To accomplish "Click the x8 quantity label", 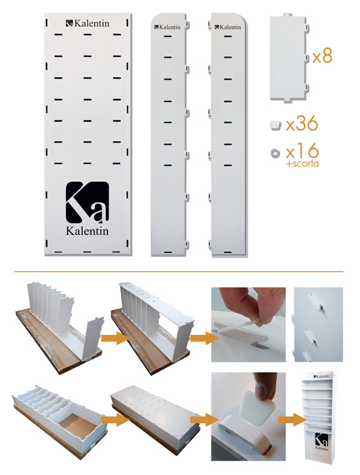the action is coord(322,55).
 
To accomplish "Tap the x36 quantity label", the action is coord(302,124).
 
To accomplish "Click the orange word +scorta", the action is coord(302,164).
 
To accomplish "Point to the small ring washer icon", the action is coord(276,153).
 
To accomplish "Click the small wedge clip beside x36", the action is coord(275,125).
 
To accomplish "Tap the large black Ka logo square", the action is coord(87,202).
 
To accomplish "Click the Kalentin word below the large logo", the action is coord(87,231).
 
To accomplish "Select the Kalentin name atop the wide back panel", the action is coord(87,23).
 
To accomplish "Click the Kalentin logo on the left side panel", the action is coord(168,27).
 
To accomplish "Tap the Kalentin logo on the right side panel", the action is coord(228,27).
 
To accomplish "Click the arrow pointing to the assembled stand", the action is coord(292,419).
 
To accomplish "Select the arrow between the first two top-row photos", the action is coord(115,338).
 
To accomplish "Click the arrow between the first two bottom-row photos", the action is coord(115,419).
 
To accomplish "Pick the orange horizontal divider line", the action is coord(179,272).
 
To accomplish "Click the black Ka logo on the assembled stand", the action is coord(321,439).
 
